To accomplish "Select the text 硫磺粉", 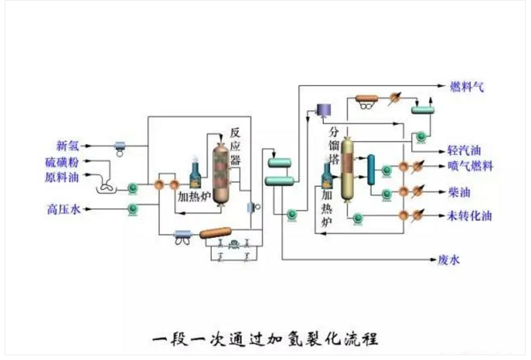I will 61,163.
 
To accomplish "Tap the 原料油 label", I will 61,178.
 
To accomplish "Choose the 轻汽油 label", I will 463,150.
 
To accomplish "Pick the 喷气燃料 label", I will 470,166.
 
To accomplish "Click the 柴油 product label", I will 459,192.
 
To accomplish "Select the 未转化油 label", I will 470,216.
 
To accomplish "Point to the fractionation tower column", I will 348,169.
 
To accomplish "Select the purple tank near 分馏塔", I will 323,109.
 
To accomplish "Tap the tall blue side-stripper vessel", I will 371,170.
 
